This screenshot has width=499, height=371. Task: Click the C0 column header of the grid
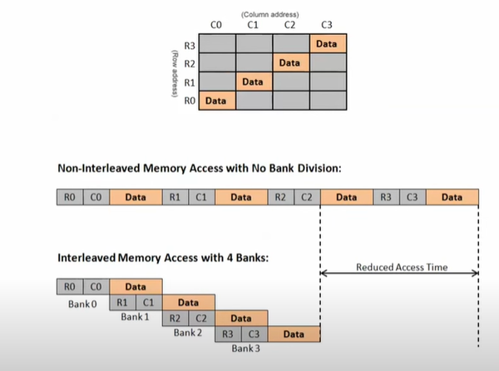216,25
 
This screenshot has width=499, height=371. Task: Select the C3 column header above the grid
327,25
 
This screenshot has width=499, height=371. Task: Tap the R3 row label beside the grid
190,43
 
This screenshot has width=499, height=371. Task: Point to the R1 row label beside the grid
190,82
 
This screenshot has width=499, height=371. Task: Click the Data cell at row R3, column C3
327,43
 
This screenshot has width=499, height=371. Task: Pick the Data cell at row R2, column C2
290,62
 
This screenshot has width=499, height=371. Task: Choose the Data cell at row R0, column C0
216,101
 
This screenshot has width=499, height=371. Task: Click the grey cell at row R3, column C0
216,43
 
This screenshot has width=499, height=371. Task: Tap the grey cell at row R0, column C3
327,101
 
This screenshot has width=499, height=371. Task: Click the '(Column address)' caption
271,14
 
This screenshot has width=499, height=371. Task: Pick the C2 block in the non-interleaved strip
307,197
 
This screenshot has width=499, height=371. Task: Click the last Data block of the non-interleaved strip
452,197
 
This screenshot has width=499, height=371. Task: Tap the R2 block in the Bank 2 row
175,318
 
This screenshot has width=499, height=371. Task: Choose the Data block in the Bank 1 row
189,302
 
